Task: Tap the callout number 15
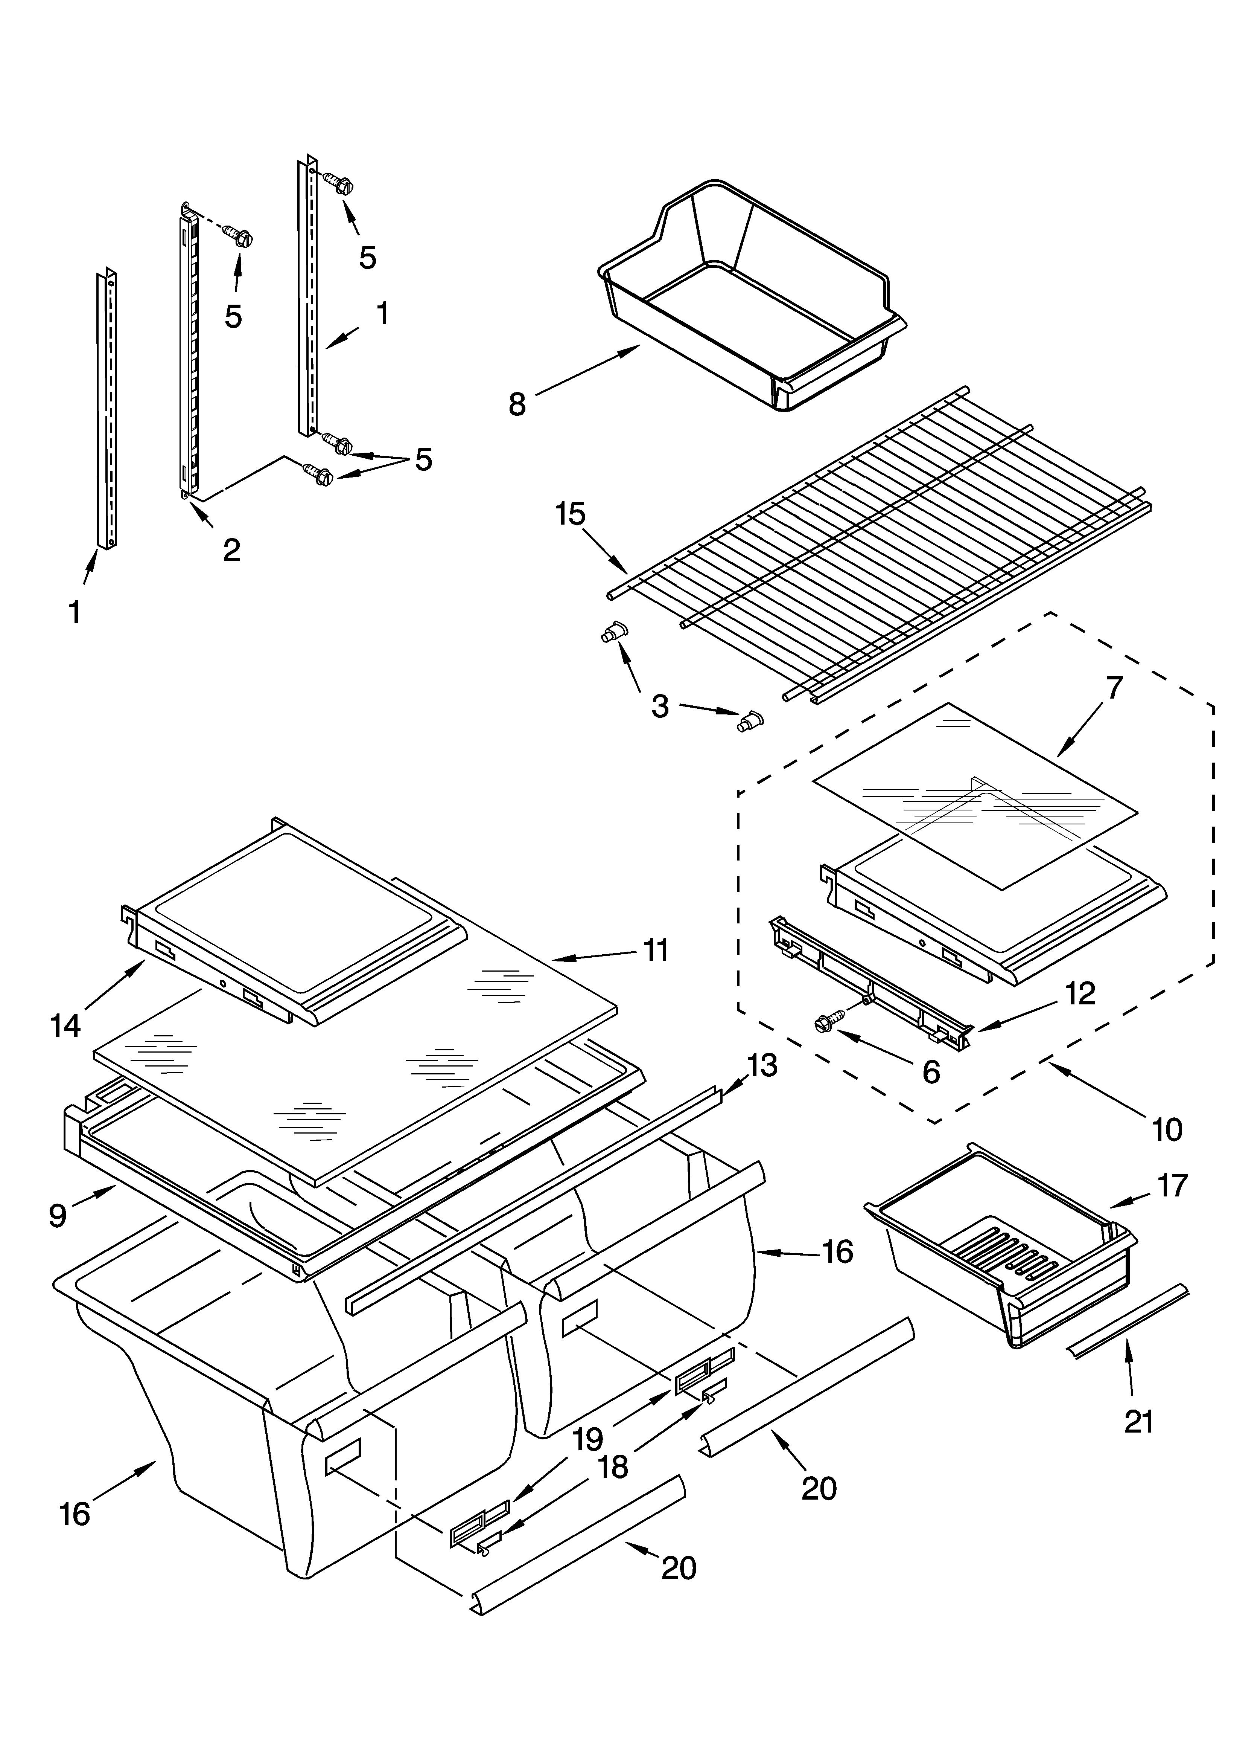pos(570,514)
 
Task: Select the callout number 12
pos(1080,993)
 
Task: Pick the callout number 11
pos(656,950)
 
